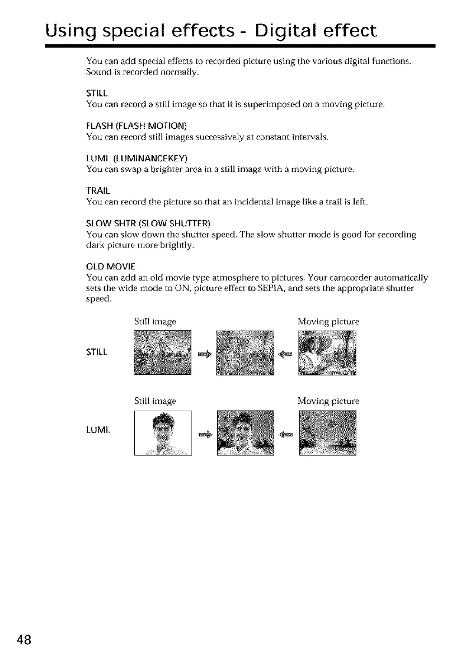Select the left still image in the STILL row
point(163,352)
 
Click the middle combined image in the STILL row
point(246,352)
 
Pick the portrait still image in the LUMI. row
point(163,433)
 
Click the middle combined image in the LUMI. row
point(246,433)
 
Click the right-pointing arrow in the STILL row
point(205,354)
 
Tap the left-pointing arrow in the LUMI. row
point(286,435)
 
